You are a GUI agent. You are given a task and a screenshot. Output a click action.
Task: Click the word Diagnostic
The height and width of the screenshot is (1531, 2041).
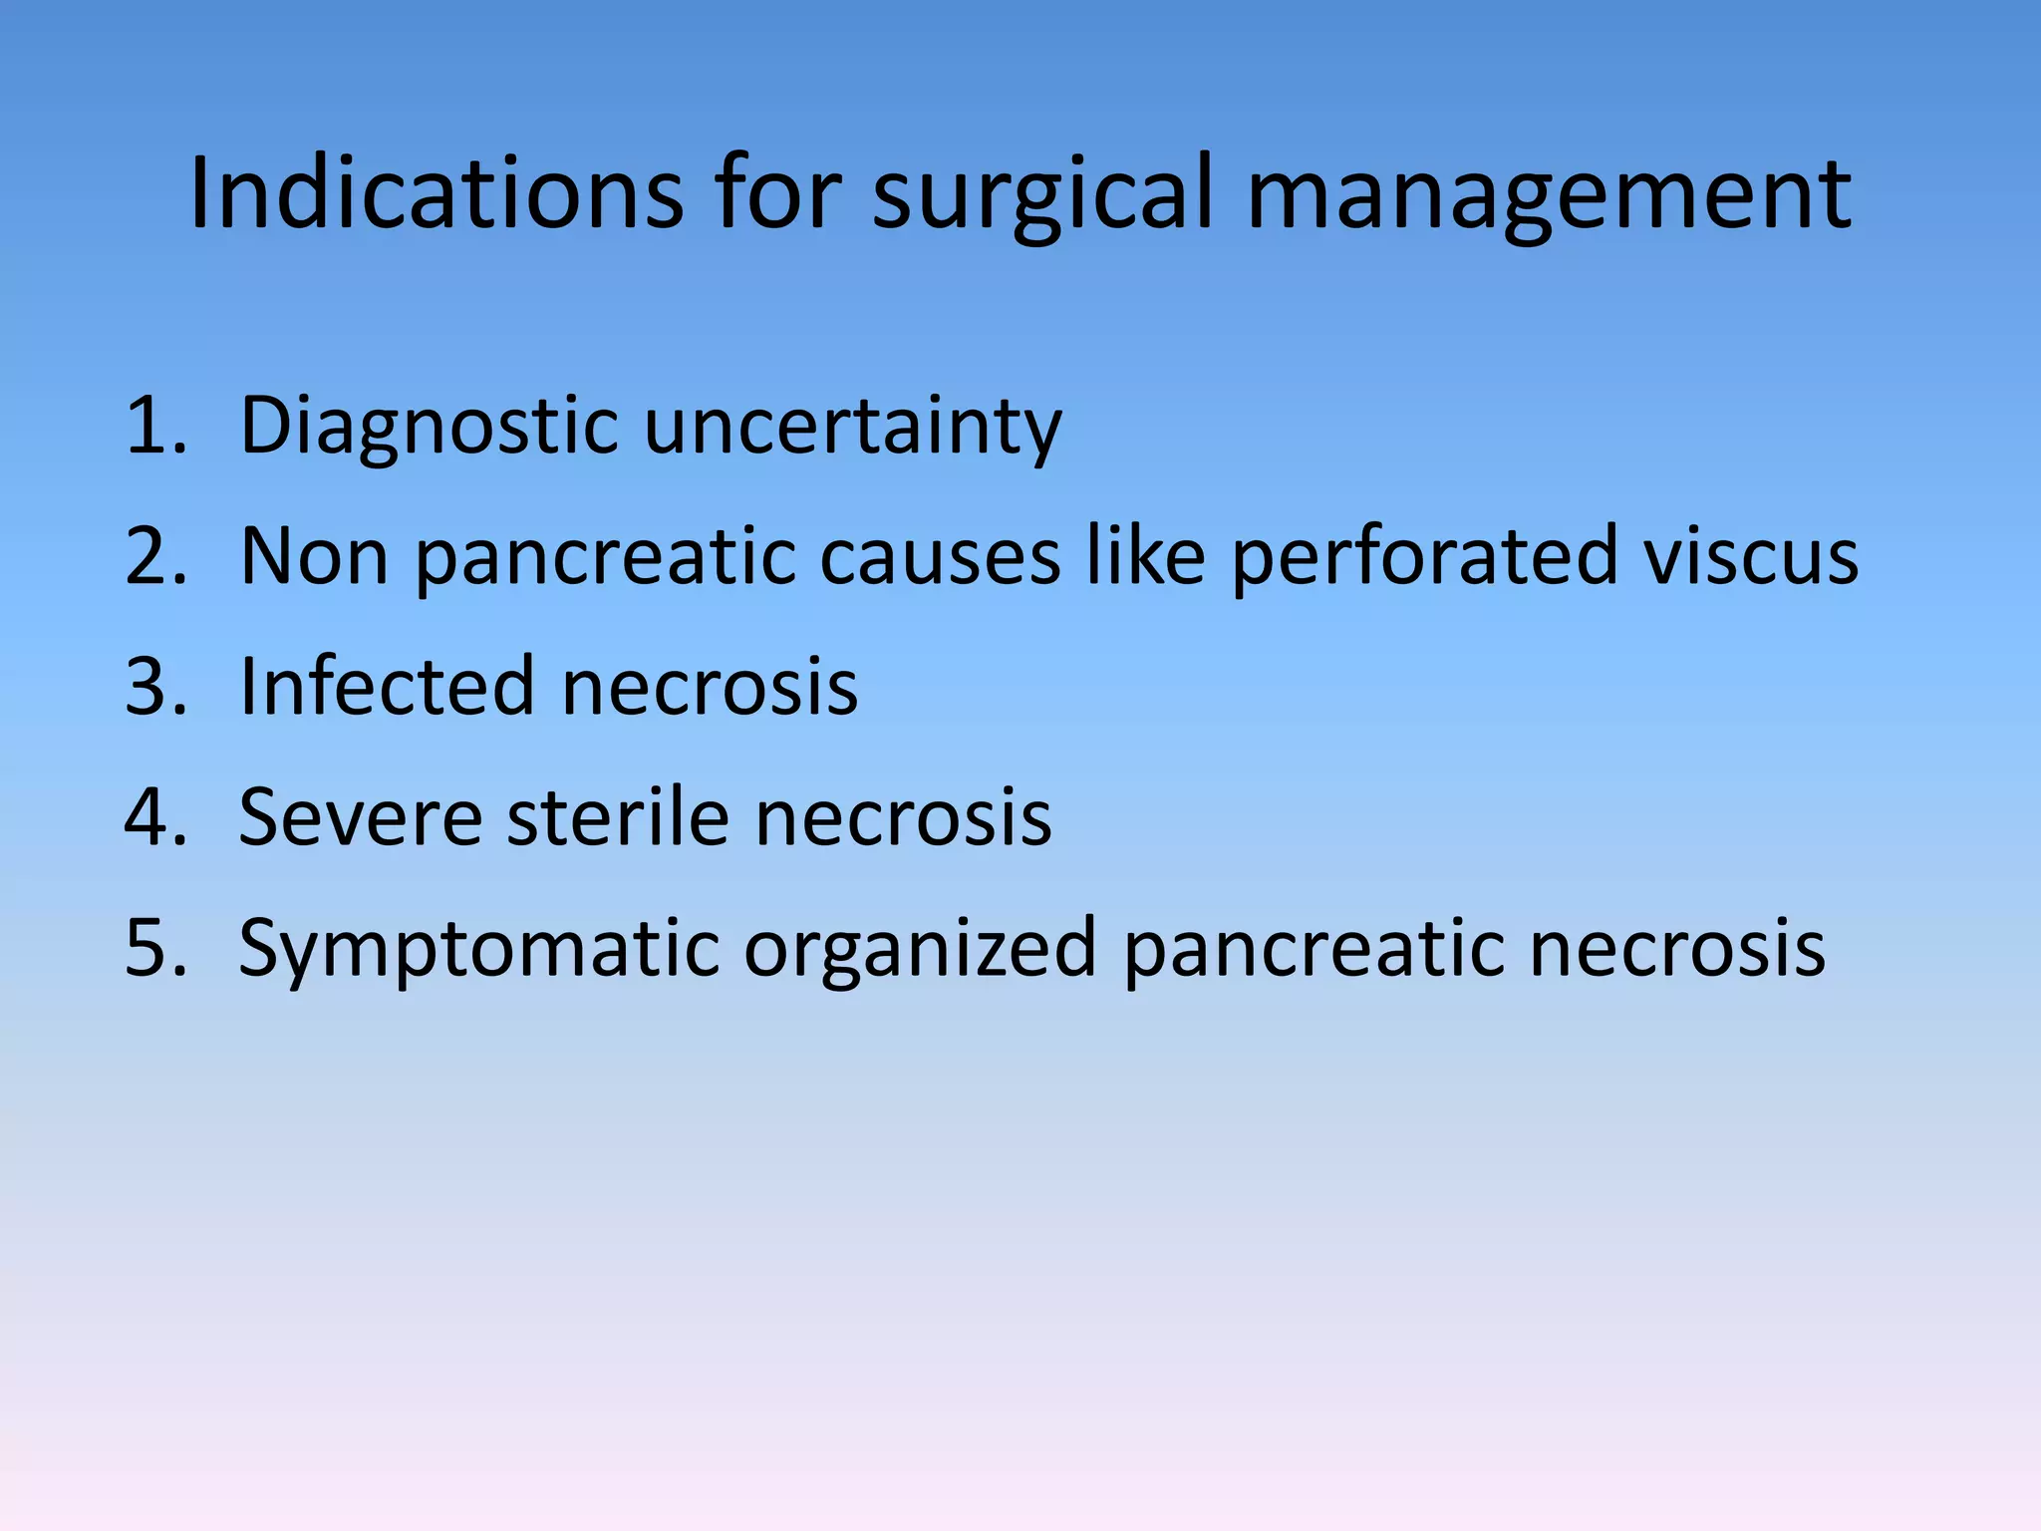pyautogui.click(x=430, y=428)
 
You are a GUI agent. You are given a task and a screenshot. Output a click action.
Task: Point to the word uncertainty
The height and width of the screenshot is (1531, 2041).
pyautogui.click(x=853, y=428)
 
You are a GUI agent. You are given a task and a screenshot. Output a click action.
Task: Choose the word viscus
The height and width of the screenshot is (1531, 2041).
pyautogui.click(x=1751, y=556)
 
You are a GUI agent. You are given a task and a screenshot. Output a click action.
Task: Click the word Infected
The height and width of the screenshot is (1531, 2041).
pyautogui.click(x=388, y=687)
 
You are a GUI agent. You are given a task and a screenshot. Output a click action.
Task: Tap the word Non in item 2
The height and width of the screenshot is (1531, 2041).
pyautogui.click(x=314, y=556)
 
